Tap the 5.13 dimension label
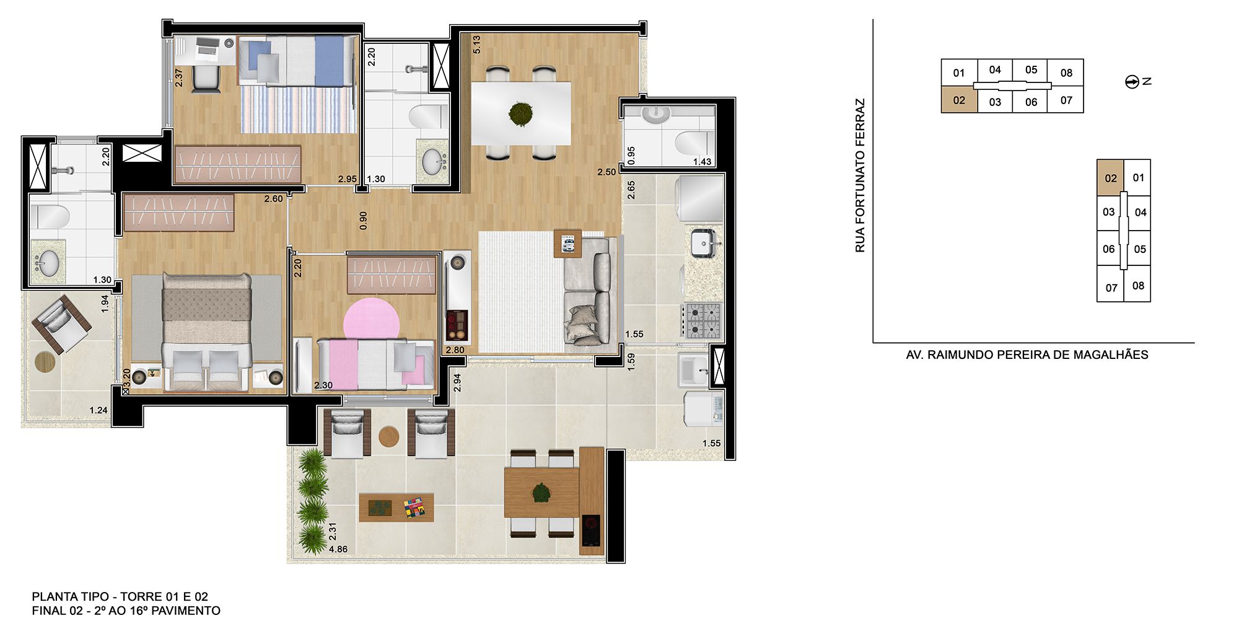[476, 44]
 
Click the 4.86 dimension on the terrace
[338, 549]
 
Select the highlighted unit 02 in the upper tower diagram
[959, 100]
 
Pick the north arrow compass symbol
[1132, 82]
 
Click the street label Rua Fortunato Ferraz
[860, 175]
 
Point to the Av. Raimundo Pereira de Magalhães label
[1027, 355]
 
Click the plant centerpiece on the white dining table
[520, 113]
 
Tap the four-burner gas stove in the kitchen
[703, 320]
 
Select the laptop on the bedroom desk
[206, 46]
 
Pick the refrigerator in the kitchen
[701, 198]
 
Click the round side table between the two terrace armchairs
[389, 436]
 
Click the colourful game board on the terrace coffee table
[414, 508]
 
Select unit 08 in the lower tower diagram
[1138, 286]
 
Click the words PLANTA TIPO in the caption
[71, 596]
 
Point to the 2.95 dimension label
[347, 179]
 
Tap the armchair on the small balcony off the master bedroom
[61, 324]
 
